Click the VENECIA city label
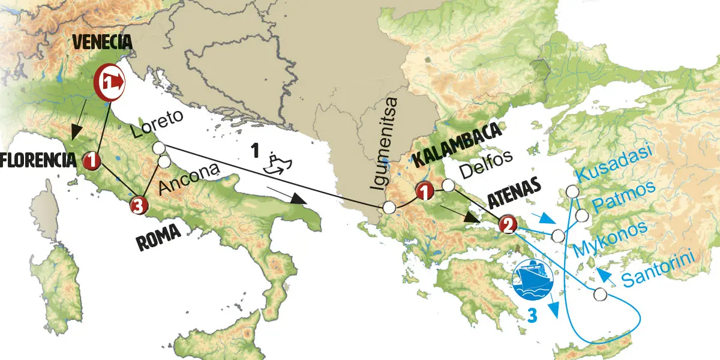101,43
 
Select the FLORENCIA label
37,160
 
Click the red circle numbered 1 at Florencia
92,159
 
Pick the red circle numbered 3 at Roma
138,206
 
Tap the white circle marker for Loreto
159,148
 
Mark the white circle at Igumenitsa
389,208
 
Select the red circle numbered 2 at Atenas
507,225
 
